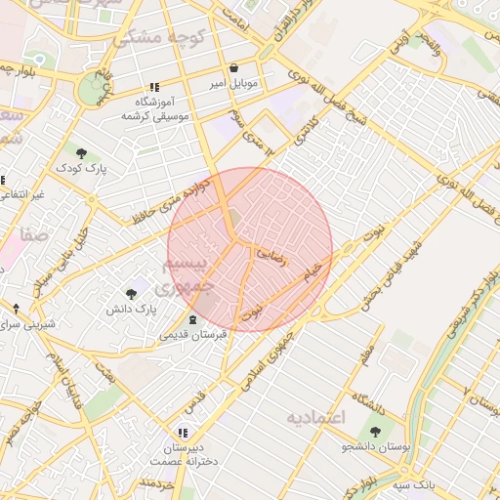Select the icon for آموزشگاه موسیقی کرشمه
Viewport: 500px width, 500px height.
(x=154, y=87)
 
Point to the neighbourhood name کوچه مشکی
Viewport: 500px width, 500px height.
(x=148, y=37)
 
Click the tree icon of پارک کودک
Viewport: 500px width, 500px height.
(x=81, y=153)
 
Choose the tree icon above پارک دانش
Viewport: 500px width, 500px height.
(x=132, y=293)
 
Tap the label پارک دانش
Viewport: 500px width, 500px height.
(x=132, y=310)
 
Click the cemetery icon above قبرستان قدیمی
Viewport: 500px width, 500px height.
(x=191, y=318)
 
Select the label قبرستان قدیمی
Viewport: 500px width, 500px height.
(x=192, y=334)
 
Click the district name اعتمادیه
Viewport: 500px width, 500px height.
(x=316, y=418)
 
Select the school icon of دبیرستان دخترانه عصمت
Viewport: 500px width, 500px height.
(x=182, y=432)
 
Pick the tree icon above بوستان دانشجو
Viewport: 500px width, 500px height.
(x=375, y=431)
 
